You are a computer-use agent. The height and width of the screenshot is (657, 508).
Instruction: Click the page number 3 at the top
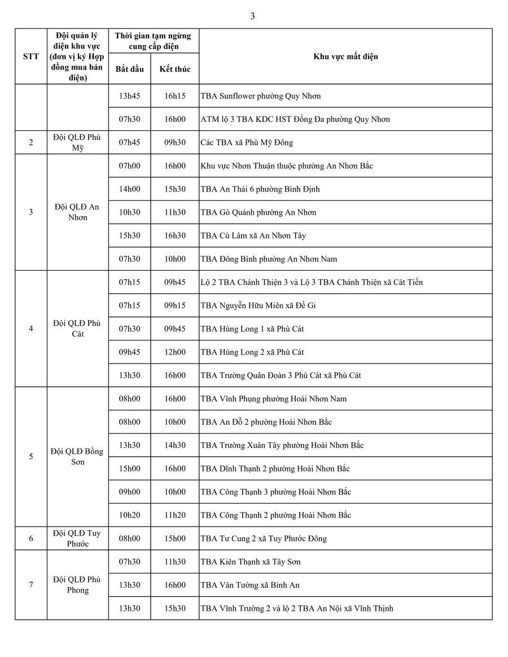(x=252, y=16)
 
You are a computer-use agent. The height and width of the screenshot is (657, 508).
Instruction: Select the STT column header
(x=31, y=56)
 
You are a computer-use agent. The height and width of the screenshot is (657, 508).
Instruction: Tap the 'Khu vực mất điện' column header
(x=345, y=56)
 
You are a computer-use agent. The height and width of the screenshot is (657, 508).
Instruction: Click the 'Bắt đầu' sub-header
(x=129, y=69)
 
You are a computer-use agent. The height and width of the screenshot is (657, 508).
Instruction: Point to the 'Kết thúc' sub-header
(x=174, y=69)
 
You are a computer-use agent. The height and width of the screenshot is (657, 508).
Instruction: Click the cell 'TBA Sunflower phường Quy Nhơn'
(x=261, y=96)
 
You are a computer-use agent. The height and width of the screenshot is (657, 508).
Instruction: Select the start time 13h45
(x=129, y=96)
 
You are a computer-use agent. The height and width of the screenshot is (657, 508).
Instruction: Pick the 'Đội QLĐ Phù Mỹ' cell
(x=78, y=143)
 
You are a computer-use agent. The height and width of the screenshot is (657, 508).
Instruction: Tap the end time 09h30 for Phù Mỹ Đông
(x=174, y=143)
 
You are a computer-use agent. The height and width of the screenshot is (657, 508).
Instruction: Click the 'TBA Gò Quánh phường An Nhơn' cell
(x=259, y=213)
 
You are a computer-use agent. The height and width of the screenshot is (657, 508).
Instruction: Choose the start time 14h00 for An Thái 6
(x=129, y=189)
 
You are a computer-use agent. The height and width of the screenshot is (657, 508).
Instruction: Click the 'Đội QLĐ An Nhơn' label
(x=78, y=212)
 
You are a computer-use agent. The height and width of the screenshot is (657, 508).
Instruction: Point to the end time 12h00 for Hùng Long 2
(x=174, y=352)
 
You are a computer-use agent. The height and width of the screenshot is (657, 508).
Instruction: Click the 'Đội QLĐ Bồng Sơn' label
(x=78, y=457)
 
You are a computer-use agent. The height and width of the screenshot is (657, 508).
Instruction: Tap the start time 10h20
(x=129, y=515)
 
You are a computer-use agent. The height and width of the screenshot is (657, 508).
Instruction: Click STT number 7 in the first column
(x=31, y=585)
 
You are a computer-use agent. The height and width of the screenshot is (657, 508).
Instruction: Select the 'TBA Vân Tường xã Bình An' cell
(x=250, y=585)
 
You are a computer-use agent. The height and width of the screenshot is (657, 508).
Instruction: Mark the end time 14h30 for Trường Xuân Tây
(x=174, y=445)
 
